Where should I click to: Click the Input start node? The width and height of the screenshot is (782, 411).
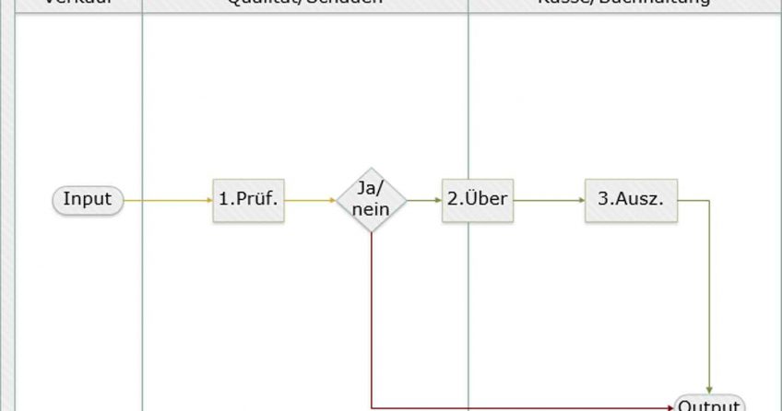point(88,199)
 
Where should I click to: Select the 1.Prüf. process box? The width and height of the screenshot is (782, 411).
point(248,199)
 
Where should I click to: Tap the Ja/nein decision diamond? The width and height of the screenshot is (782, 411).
point(371,199)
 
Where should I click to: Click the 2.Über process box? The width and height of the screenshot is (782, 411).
point(477,199)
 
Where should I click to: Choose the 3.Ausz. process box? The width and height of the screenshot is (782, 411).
point(631,199)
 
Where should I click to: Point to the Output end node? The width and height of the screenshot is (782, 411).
point(709,405)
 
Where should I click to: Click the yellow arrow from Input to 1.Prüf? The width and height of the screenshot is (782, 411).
point(166,200)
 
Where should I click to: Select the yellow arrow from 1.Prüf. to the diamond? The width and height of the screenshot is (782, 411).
point(309,200)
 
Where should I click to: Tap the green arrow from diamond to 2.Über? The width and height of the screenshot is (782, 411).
point(422,200)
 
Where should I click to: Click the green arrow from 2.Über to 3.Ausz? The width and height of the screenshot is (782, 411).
point(548,200)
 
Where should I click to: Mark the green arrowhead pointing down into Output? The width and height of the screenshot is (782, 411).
point(709,390)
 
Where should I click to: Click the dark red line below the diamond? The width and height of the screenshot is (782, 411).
point(371,313)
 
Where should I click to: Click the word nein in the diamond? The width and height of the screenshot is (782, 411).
point(371,209)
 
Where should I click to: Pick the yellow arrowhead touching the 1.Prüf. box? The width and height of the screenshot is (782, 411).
point(208,200)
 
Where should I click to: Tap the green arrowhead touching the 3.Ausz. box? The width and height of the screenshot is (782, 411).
point(581,200)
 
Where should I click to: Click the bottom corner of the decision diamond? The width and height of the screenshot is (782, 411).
point(371,232)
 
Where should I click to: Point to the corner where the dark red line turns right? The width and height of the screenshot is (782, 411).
point(371,406)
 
